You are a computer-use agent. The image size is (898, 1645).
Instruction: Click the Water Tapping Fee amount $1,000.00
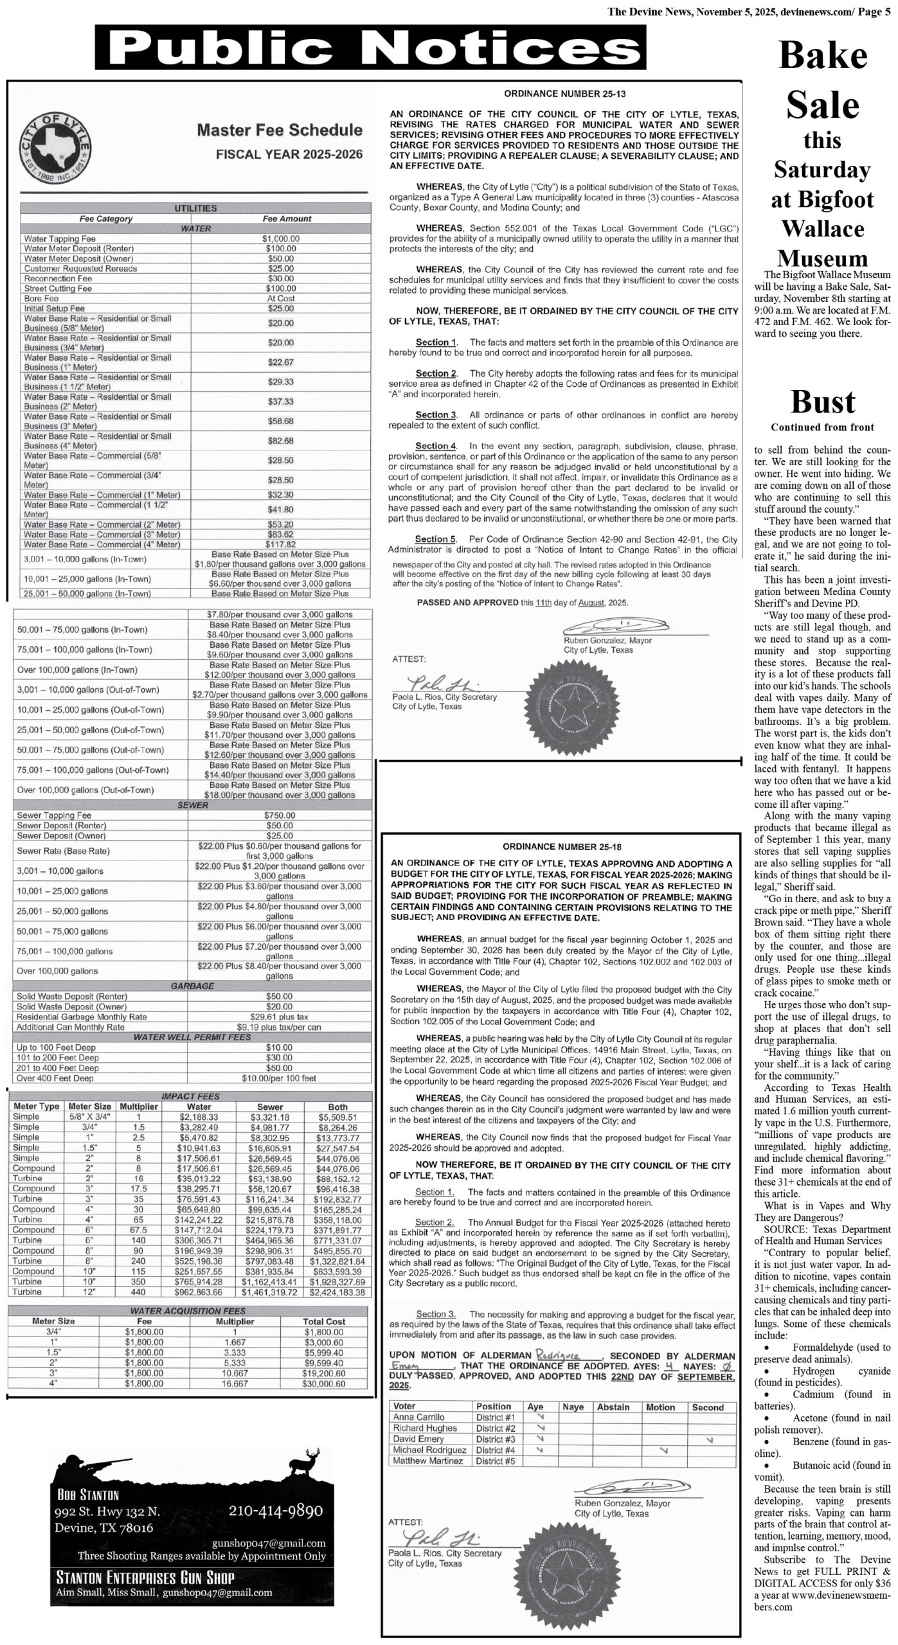(281, 238)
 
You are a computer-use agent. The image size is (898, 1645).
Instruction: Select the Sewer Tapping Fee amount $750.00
(280, 815)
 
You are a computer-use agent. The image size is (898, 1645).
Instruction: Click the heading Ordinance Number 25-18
(562, 847)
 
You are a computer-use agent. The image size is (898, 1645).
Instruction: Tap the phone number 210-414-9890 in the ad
(276, 1511)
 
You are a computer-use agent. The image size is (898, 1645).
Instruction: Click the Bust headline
(822, 402)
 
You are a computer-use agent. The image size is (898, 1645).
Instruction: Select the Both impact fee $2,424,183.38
(337, 1292)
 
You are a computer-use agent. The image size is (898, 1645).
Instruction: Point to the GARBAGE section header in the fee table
(192, 986)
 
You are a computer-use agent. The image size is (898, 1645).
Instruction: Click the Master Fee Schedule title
(279, 130)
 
